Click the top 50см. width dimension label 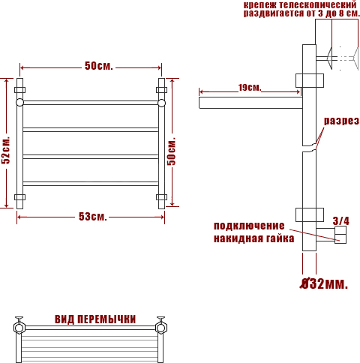(x=99, y=66)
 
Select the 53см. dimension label (x=93, y=217)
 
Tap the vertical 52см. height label (x=6, y=150)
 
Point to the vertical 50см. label (x=171, y=151)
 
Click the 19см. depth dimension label (x=250, y=88)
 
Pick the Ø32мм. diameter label (x=324, y=283)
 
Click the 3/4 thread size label (x=341, y=221)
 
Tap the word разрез (x=341, y=121)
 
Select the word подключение (x=249, y=226)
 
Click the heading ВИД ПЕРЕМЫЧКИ (x=95, y=319)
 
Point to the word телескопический (x=317, y=4)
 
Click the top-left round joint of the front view (x=19, y=103)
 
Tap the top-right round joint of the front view (x=161, y=103)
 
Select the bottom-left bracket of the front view (x=19, y=197)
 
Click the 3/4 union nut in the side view (x=340, y=235)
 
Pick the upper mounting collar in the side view (x=310, y=80)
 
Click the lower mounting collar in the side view (x=310, y=214)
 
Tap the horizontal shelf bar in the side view (x=250, y=103)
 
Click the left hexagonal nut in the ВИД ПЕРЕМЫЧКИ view (x=19, y=328)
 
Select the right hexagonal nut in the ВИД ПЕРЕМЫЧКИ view (x=161, y=328)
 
